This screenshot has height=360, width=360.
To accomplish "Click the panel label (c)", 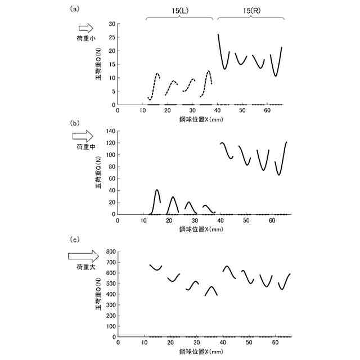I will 74,240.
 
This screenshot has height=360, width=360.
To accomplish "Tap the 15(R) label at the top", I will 250,10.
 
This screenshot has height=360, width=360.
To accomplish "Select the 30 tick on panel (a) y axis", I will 111,24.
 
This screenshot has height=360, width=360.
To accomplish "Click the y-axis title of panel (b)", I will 99,172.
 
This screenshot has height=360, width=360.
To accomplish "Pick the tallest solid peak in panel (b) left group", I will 157,190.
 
